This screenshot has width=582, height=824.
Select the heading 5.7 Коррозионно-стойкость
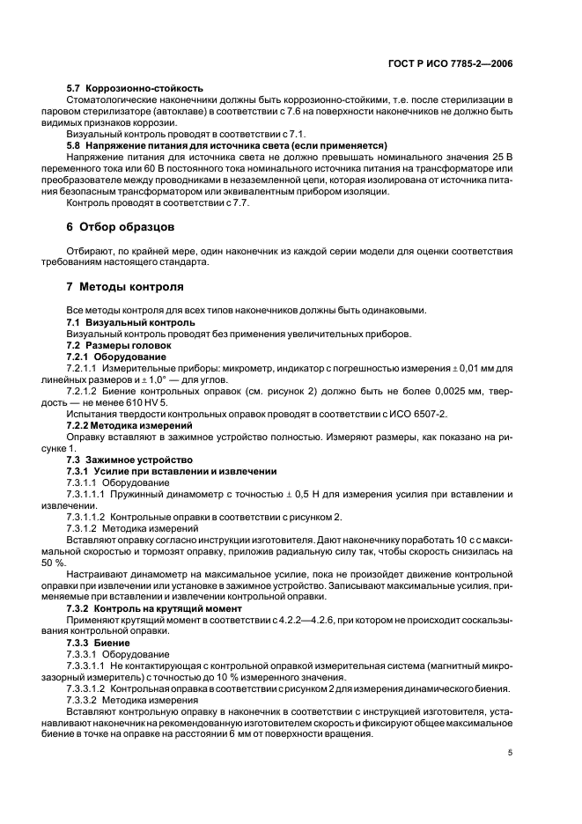coord(135,88)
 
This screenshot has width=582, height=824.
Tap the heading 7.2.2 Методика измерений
coord(131,425)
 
